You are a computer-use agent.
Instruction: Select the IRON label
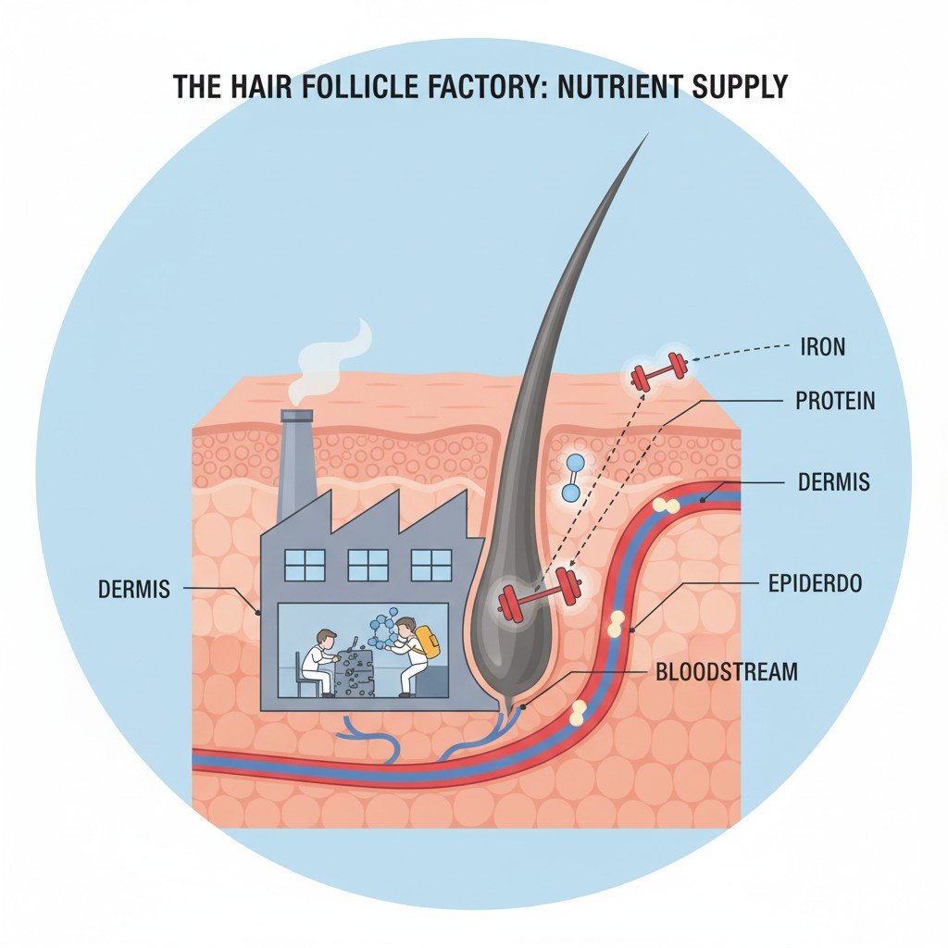click(822, 347)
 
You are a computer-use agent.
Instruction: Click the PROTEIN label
click(835, 402)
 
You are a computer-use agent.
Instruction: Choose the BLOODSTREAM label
click(726, 672)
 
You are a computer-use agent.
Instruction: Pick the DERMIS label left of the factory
click(134, 589)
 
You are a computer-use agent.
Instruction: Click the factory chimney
click(296, 463)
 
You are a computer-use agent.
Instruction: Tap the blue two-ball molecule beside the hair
click(574, 477)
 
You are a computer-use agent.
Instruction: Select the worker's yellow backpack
click(427, 642)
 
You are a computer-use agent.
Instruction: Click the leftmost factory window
click(306, 565)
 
